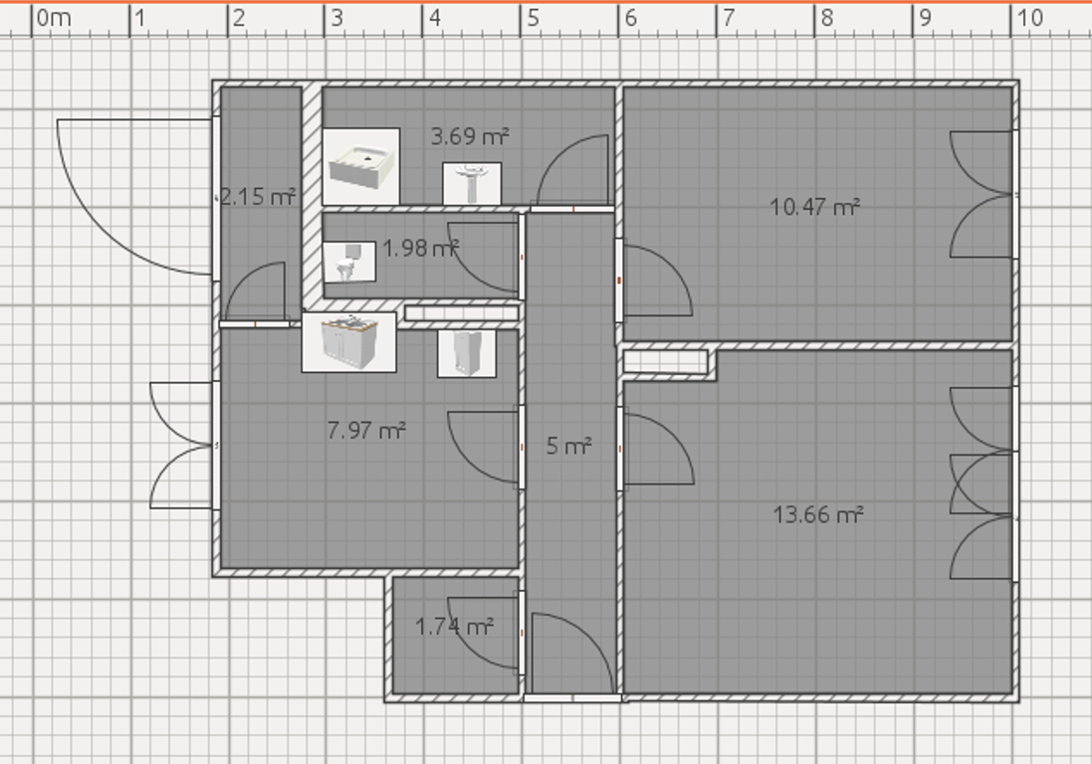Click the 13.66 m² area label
coord(818,515)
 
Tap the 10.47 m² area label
coord(815,207)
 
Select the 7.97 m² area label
coord(366,430)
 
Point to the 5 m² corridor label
coord(569,446)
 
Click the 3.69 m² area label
coord(470,135)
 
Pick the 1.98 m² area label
coord(421,248)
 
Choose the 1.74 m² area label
coord(454,627)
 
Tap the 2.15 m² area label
coord(258,196)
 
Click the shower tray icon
coord(361,166)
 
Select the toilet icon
coord(349,262)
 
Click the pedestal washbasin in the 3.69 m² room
coord(472,184)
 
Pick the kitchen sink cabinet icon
coord(349,342)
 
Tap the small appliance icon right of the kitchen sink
coord(467,353)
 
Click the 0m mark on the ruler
coord(53,18)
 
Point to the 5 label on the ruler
coord(534,18)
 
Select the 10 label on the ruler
coord(1030,18)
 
